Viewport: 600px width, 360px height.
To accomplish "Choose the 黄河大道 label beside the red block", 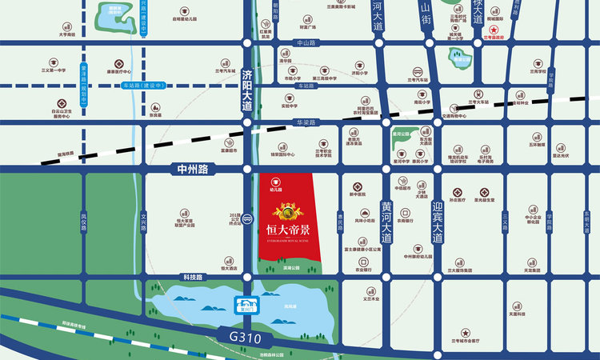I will click(386, 221).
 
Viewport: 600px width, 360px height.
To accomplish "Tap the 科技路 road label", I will click(193, 276).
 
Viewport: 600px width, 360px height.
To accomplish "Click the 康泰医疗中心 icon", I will click(118, 62).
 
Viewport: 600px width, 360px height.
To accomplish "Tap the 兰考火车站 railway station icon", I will click(478, 94).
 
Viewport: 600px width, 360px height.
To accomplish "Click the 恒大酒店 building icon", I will click(230, 262).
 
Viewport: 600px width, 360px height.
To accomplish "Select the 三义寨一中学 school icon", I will click(54, 62).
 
